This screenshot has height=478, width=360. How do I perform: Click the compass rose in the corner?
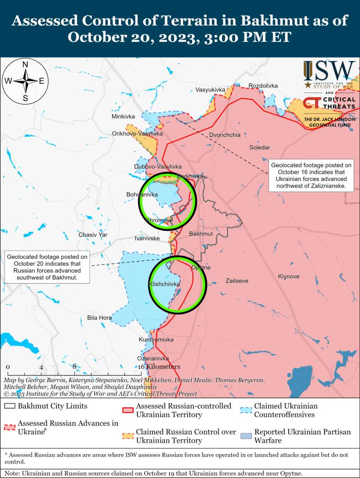(x=25, y=81)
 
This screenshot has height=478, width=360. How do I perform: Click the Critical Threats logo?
(x=329, y=103)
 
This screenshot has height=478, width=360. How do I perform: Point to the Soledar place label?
(x=260, y=147)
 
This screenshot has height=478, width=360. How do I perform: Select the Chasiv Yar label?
(x=93, y=235)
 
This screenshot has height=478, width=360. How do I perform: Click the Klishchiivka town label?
(x=164, y=285)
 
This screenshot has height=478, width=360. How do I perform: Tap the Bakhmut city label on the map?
(x=201, y=234)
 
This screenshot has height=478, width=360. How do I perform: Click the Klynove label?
(x=288, y=276)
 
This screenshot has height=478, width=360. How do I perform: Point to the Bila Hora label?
(x=99, y=318)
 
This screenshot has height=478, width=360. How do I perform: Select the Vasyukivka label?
(x=210, y=90)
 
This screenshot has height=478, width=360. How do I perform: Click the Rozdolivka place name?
(x=263, y=85)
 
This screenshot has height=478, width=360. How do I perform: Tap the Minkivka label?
(x=123, y=116)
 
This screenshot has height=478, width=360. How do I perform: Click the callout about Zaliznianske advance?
(x=311, y=175)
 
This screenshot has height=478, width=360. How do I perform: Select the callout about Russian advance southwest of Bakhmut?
(x=46, y=267)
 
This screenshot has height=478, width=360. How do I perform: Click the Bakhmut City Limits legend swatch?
(x=9, y=407)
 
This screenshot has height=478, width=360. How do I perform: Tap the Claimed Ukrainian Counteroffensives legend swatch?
(x=246, y=410)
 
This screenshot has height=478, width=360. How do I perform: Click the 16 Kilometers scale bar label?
(x=159, y=367)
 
